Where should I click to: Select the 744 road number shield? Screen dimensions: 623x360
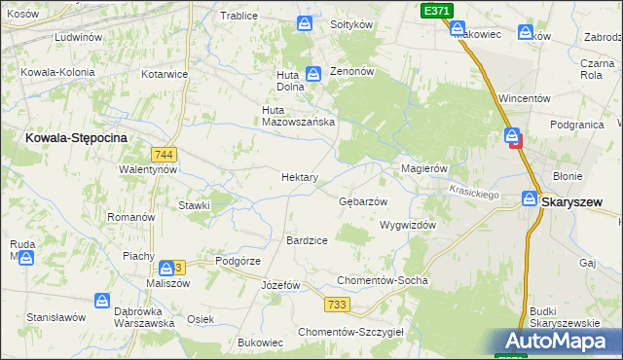[x=164, y=155]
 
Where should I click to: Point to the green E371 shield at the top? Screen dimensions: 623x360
[x=436, y=10]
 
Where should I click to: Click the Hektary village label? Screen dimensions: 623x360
[x=300, y=177]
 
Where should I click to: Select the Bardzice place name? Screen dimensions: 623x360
[x=307, y=239]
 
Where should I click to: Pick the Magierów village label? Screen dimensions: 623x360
[x=424, y=168]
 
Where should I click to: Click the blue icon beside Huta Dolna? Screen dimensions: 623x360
[x=313, y=73]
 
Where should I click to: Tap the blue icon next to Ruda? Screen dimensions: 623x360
[x=26, y=258]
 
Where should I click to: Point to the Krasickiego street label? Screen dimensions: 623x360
[x=474, y=194]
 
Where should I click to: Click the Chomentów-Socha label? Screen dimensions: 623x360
[x=382, y=280]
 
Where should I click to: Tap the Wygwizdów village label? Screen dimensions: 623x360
[x=407, y=224]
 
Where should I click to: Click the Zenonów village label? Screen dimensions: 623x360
[x=352, y=72]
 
